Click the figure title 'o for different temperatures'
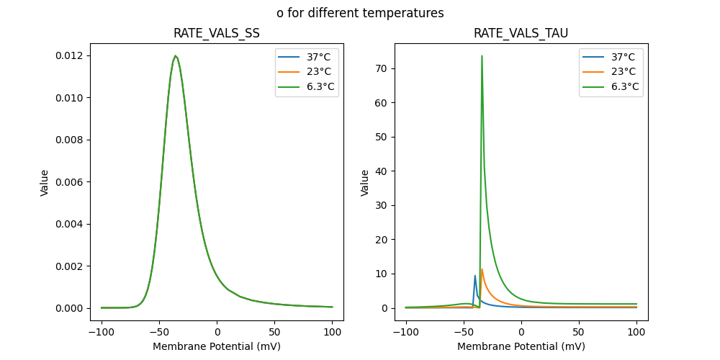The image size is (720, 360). [x=360, y=13]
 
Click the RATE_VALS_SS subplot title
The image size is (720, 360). [x=217, y=33]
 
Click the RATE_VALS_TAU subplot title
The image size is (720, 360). [x=521, y=33]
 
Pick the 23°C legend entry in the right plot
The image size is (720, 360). [x=624, y=72]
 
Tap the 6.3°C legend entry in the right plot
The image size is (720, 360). [x=624, y=87]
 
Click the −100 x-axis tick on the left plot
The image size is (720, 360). [x=102, y=333]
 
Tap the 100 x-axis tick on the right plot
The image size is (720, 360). [x=636, y=333]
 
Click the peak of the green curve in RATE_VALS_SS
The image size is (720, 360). [x=175, y=56]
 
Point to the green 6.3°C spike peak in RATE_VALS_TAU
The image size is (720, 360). [x=482, y=56]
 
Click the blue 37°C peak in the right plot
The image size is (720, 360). [x=475, y=276]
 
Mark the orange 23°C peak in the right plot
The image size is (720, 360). [x=482, y=270]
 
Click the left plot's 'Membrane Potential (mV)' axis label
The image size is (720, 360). [x=217, y=346]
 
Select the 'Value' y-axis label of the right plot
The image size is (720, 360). [x=365, y=182]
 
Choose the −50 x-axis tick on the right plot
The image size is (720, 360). [x=464, y=333]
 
